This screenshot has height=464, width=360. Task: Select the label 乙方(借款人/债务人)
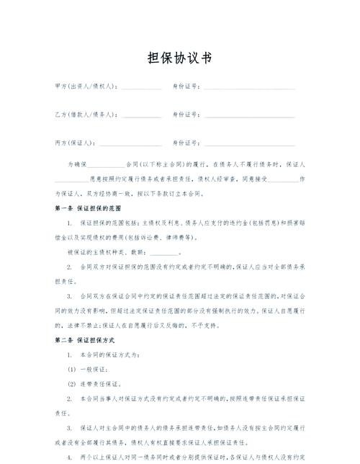(x=86, y=115)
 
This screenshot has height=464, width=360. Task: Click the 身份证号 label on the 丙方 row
(x=186, y=142)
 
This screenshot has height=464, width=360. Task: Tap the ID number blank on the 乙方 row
(x=248, y=116)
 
